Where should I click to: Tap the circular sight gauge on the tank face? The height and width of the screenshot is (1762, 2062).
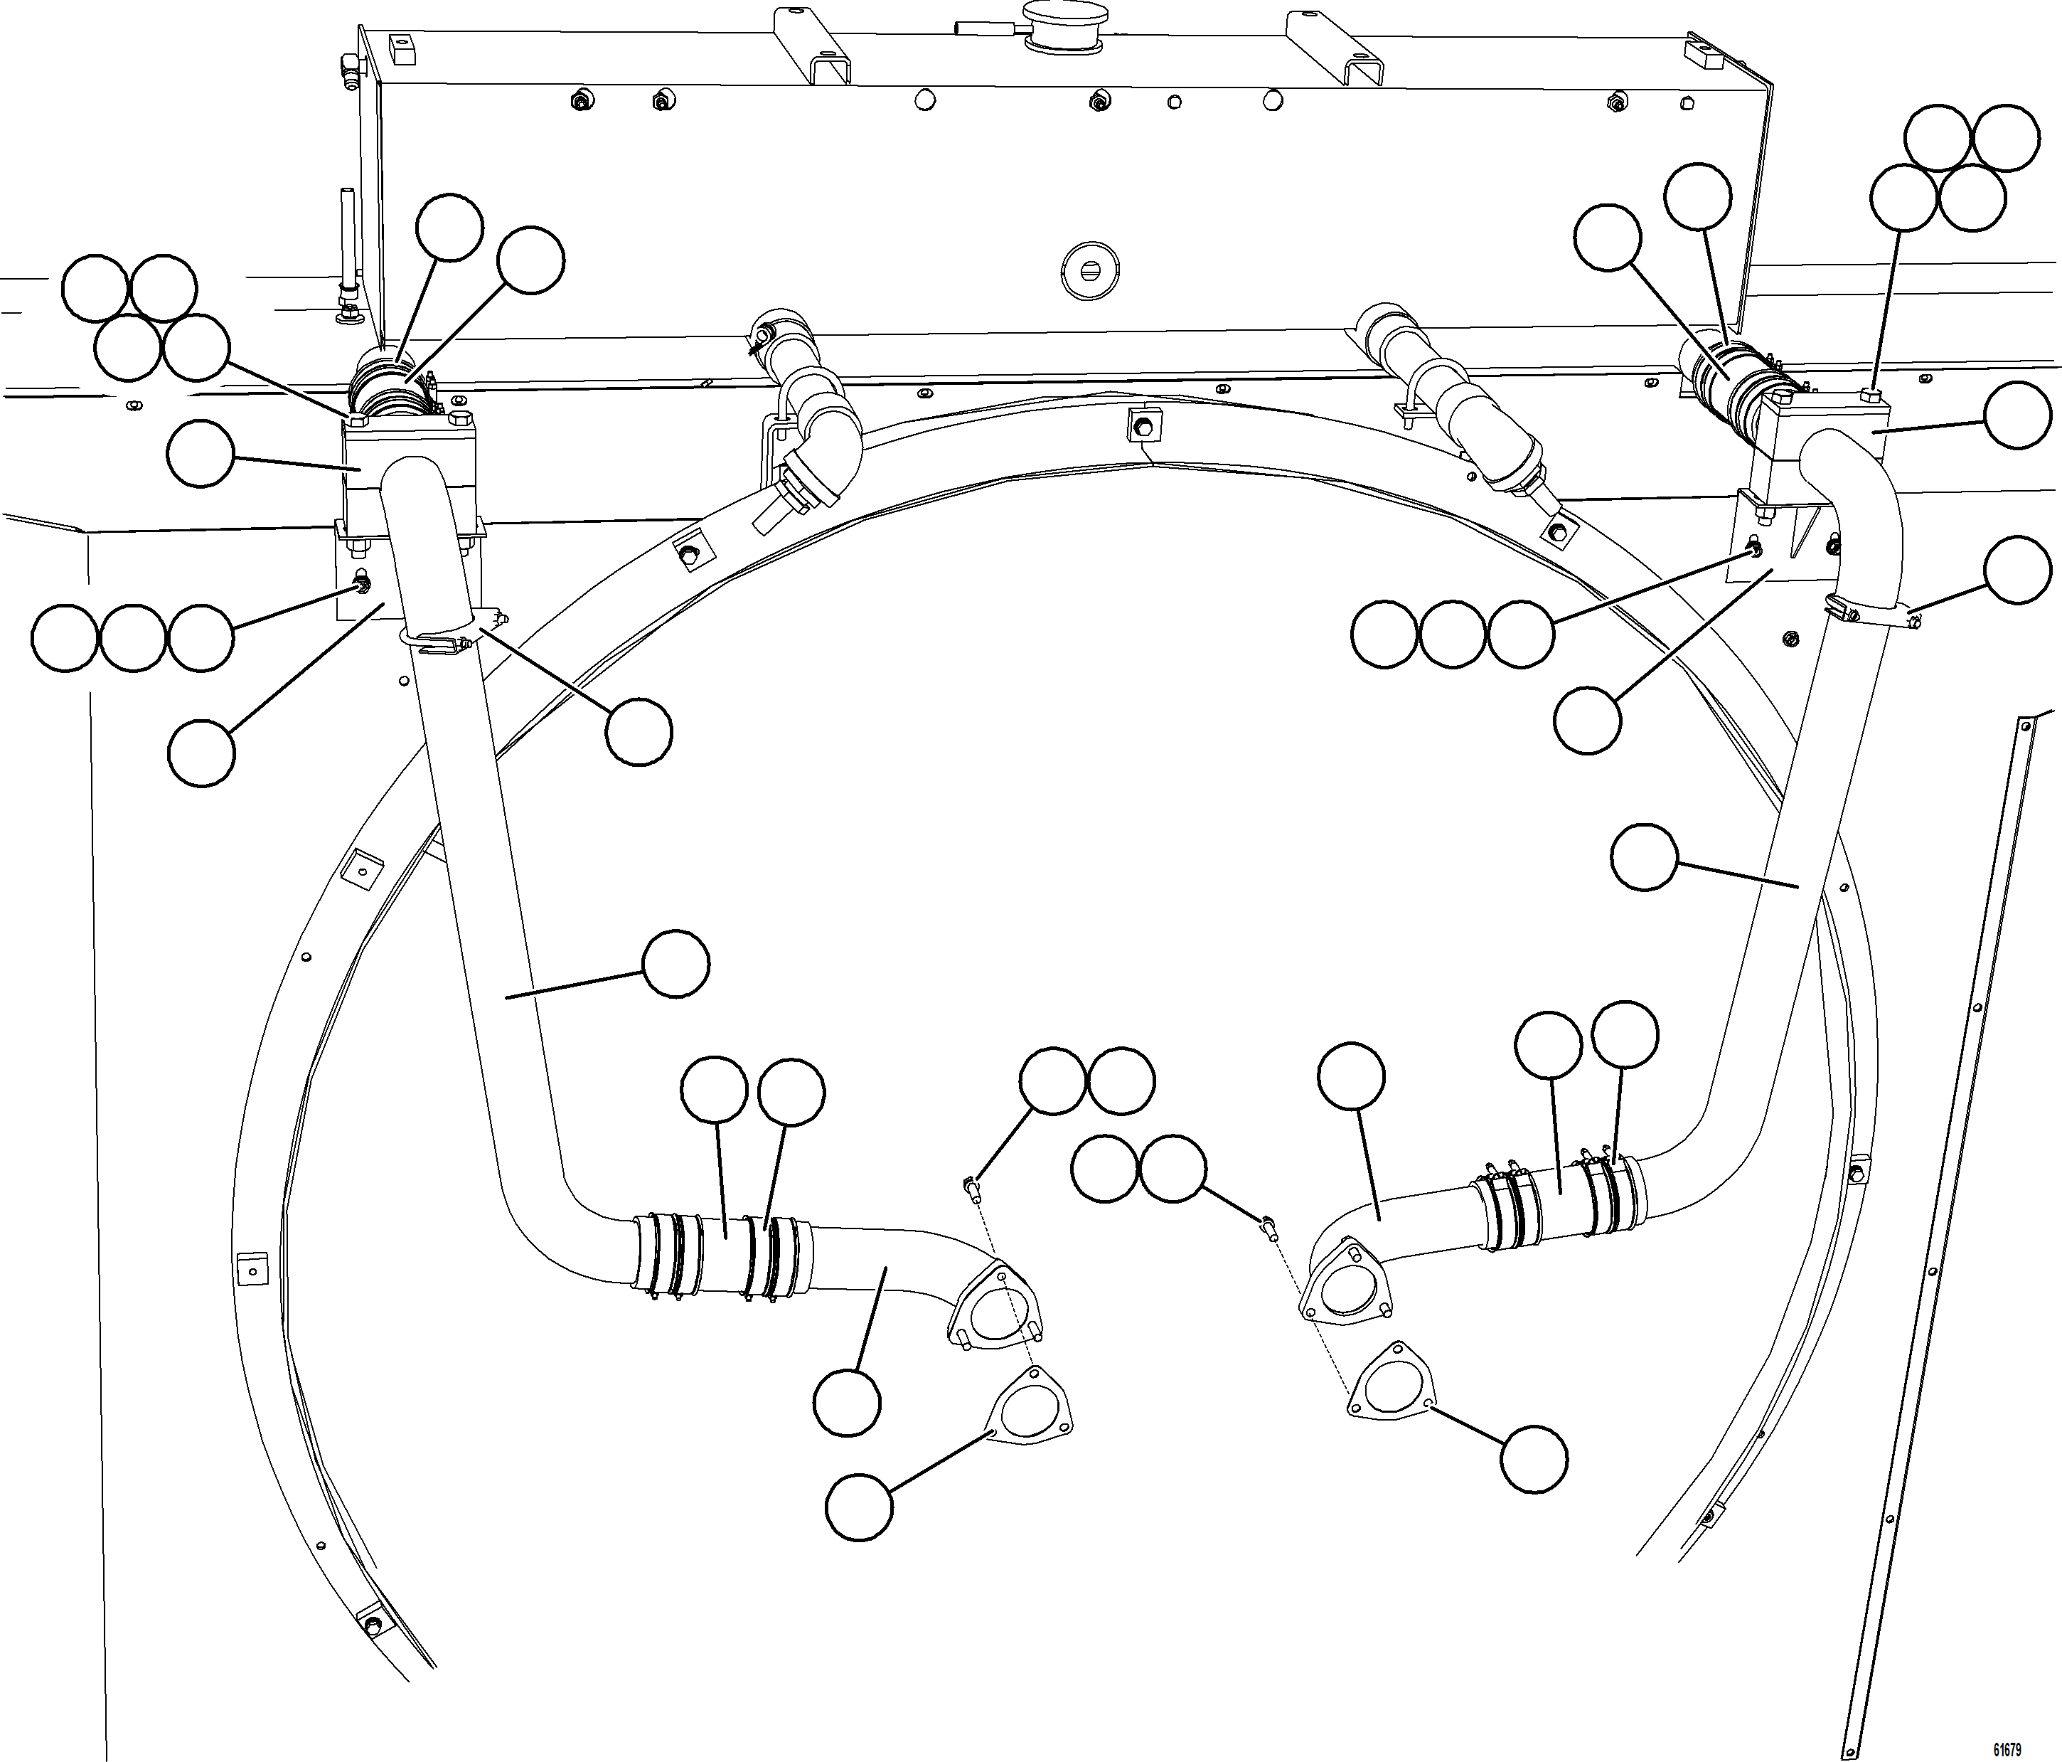[x=1091, y=269]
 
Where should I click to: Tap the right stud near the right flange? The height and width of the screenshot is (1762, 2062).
[x=1270, y=1226]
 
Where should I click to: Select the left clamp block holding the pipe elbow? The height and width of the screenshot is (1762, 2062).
[x=410, y=468]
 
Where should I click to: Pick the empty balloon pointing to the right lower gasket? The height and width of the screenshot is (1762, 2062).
[x=1534, y=1460]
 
